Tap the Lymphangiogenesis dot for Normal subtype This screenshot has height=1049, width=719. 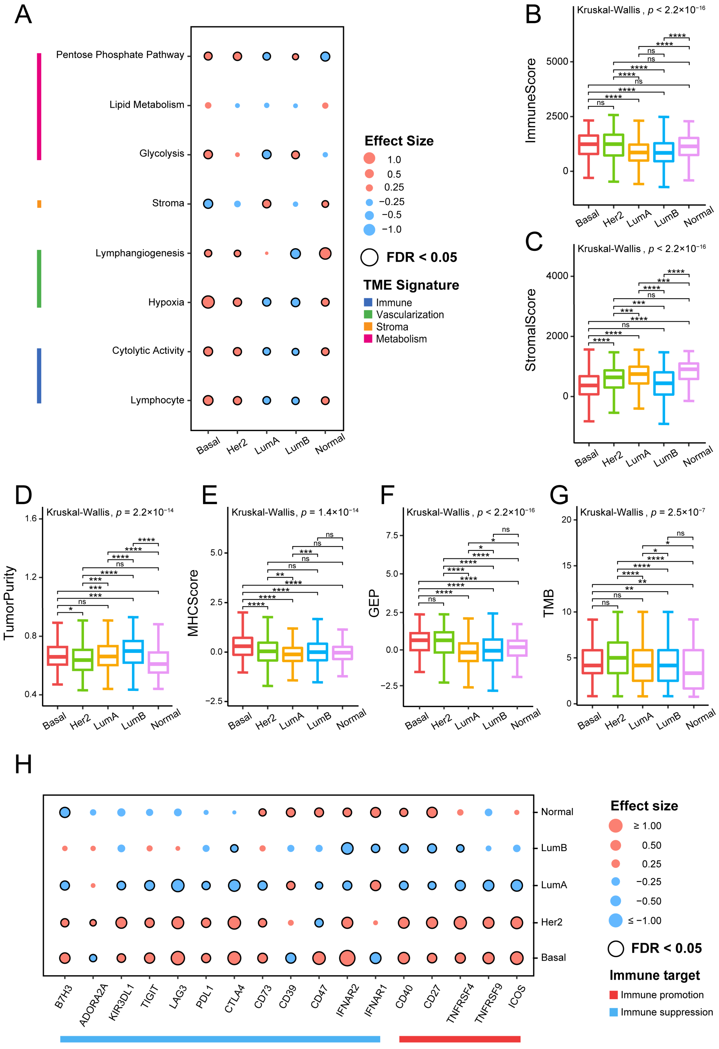(x=325, y=253)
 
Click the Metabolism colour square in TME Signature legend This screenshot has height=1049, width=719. (x=368, y=338)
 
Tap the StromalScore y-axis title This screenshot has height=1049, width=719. (x=531, y=330)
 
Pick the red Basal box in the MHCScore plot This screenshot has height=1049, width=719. (x=242, y=646)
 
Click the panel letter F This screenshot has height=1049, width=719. (x=387, y=495)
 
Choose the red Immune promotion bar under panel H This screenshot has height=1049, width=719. (x=459, y=1039)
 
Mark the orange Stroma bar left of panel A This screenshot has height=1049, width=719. (x=39, y=204)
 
